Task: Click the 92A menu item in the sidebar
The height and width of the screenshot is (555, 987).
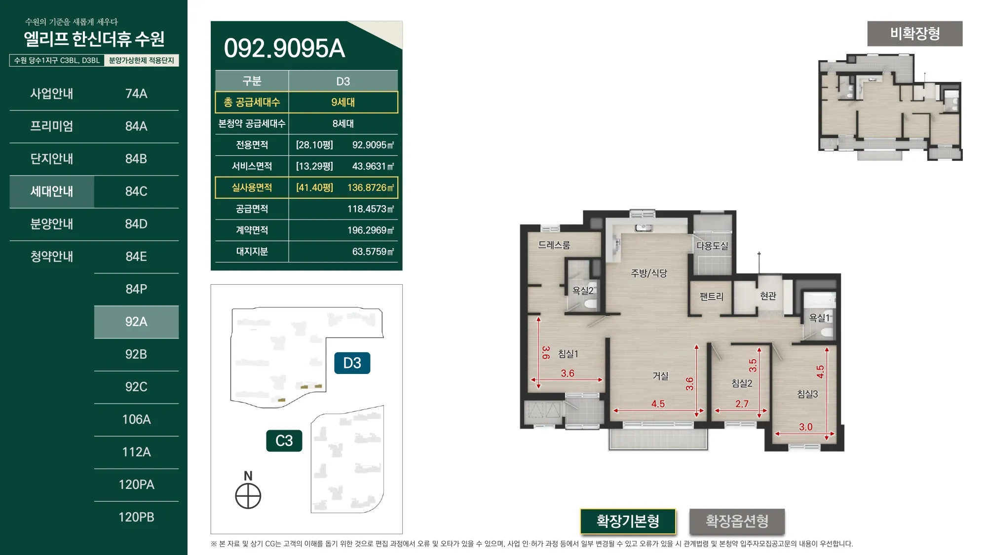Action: (x=136, y=322)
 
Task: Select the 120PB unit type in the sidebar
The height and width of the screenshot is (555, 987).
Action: (x=136, y=517)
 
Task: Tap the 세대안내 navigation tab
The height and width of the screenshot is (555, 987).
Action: (x=52, y=191)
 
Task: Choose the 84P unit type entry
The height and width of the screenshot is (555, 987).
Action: (x=136, y=289)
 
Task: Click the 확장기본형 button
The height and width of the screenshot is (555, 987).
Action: (x=628, y=521)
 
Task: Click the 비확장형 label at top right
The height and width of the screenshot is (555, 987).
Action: (x=915, y=34)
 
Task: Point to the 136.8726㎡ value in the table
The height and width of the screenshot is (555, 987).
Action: (x=371, y=187)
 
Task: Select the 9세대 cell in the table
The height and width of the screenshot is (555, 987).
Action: (x=343, y=102)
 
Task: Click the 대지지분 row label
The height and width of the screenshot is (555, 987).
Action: (x=252, y=252)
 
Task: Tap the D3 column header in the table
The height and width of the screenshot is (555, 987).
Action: (x=343, y=81)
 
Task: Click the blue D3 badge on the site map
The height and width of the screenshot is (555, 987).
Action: (x=352, y=363)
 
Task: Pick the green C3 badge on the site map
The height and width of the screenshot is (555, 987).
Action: (x=284, y=441)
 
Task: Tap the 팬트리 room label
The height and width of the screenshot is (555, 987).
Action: (x=711, y=296)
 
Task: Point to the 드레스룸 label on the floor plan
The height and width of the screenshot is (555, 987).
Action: (x=554, y=245)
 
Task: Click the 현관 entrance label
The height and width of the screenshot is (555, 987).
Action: (x=768, y=296)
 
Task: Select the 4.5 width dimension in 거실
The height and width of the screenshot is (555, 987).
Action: (x=658, y=404)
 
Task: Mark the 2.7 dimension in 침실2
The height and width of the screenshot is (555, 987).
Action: (x=742, y=404)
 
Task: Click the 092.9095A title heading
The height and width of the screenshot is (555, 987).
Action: (x=284, y=48)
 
